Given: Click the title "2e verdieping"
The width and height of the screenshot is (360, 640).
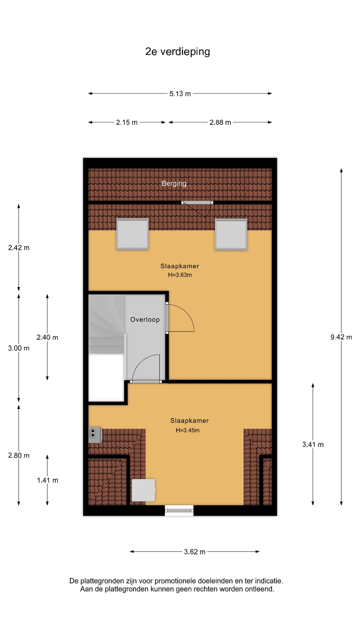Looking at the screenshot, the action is point(177,52).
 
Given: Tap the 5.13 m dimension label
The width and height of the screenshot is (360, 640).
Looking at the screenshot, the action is point(180,93).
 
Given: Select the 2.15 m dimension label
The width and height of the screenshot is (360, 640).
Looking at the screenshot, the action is point(127,122).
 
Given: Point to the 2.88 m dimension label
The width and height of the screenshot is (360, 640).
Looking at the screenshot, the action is point(220,122).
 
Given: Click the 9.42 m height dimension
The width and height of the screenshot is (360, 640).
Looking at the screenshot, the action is point(341,337).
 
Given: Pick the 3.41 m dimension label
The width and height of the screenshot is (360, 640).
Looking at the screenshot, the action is point(313,444).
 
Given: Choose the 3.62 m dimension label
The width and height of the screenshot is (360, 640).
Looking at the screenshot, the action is point(195,552).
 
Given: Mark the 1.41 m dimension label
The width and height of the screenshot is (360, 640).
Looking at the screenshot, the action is point(47,480).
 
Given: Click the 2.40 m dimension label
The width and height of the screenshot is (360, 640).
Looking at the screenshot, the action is point(47,337).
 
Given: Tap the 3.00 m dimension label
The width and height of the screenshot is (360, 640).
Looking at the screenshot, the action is point(19,348).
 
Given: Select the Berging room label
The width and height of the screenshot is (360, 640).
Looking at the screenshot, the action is point(174,183).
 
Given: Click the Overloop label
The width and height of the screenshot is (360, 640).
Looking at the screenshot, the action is point(145,320).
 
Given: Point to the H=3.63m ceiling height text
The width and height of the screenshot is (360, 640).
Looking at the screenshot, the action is point(180,275).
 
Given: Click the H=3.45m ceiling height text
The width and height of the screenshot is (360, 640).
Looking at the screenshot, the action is point(187,430).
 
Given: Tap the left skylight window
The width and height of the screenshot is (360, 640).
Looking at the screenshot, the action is point(132,234).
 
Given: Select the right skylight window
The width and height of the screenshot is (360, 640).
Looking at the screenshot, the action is point(231,234).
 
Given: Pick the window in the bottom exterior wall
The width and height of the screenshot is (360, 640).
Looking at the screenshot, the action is point(179,511).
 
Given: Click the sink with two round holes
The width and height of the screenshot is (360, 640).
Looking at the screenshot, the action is point(95,435).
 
